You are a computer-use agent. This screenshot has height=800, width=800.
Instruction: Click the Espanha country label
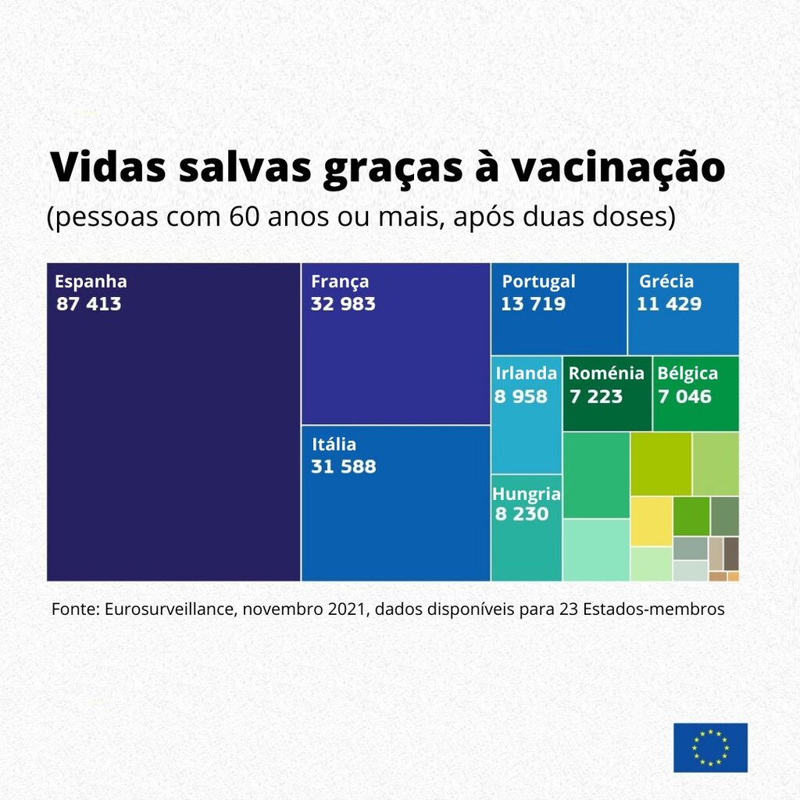pyautogui.click(x=91, y=282)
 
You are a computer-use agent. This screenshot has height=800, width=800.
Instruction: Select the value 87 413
pyautogui.click(x=89, y=304)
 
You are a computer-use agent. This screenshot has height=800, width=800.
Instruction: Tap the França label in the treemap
pyautogui.click(x=340, y=282)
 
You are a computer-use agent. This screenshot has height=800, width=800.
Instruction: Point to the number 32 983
pyautogui.click(x=343, y=304)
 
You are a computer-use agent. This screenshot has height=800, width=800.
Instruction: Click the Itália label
pyautogui.click(x=334, y=445)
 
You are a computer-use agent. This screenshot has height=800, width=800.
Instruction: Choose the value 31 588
pyautogui.click(x=343, y=467)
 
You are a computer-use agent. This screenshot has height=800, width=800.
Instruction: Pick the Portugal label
pyautogui.click(x=538, y=282)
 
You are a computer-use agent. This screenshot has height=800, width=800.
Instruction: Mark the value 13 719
pyautogui.click(x=533, y=304)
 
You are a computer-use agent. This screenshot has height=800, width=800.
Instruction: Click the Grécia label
pyautogui.click(x=666, y=282)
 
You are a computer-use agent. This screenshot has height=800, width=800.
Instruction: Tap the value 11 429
pyautogui.click(x=669, y=304)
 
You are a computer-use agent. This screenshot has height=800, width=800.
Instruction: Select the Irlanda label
pyautogui.click(x=526, y=373)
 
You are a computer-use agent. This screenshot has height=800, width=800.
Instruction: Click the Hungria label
pyautogui.click(x=527, y=494)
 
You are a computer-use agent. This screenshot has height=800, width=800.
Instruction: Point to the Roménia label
pyautogui.click(x=606, y=373)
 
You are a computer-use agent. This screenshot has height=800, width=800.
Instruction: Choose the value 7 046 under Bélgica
pyautogui.click(x=684, y=396)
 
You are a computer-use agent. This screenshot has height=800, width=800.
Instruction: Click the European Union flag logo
pyautogui.click(x=710, y=748)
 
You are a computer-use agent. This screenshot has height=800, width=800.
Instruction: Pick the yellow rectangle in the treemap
pyautogui.click(x=651, y=521)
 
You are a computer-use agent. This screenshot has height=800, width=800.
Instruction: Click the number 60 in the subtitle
pyautogui.click(x=245, y=216)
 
